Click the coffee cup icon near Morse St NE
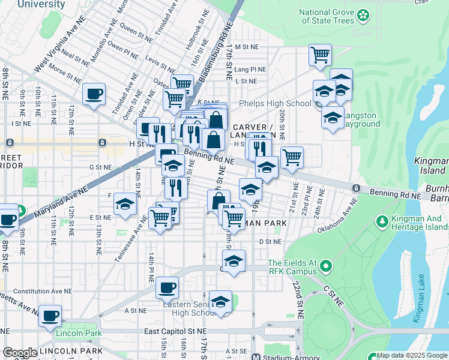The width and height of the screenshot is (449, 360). coord(94,94)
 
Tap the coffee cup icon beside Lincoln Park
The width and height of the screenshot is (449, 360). coord(50,315)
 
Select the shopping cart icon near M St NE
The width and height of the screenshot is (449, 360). coord(321,55)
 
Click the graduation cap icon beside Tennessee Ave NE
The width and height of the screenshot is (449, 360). coord(125,205)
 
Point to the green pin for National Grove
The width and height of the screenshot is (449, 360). coord(363,14)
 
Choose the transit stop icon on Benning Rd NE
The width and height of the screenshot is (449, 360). coord(357,188)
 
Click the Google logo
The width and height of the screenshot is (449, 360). coord(20,353)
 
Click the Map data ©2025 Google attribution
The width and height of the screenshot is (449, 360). coord(412,355)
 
